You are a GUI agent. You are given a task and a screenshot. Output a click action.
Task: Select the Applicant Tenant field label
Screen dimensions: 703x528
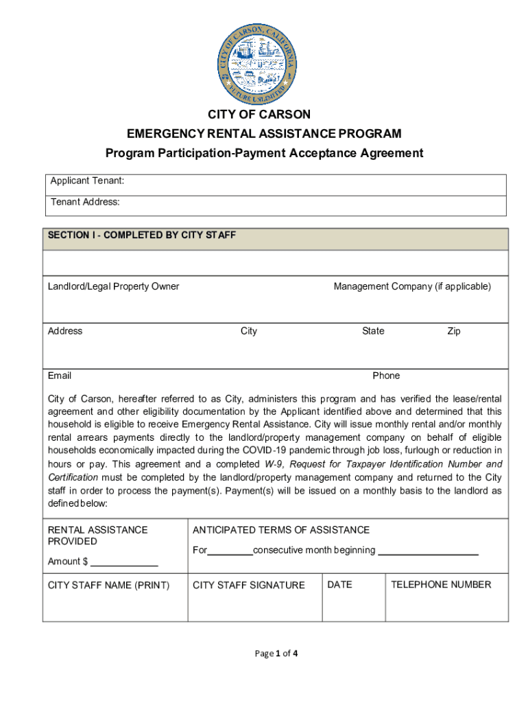87,181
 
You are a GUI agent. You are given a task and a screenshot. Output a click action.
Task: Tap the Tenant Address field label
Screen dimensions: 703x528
85,202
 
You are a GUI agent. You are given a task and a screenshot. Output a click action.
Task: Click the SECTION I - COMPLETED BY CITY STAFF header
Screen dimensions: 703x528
142,235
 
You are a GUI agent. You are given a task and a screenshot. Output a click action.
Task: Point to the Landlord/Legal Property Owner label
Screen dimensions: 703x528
113,286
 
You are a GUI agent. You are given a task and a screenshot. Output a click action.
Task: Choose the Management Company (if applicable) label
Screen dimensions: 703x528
412,286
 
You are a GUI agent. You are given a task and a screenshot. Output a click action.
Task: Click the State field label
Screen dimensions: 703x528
373,331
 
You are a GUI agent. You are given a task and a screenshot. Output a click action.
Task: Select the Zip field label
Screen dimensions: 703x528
453,331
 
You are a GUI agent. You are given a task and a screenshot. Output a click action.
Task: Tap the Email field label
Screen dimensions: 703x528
60,376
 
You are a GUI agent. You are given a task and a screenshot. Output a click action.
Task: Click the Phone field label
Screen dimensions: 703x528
386,376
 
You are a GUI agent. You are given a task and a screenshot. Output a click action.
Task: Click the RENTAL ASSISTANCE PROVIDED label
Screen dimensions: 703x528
97,535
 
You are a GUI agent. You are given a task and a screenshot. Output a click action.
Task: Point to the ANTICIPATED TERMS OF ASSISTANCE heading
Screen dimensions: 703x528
281,530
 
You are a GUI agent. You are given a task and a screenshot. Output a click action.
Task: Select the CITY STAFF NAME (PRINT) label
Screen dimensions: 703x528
108,585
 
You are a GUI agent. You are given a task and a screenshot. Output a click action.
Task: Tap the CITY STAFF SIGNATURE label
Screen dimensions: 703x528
249,585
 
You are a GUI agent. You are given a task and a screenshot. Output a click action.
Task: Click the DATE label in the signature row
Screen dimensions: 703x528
339,584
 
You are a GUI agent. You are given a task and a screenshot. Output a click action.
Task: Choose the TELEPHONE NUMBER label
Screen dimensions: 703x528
441,584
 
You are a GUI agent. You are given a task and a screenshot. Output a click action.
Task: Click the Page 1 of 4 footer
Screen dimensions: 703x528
276,654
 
